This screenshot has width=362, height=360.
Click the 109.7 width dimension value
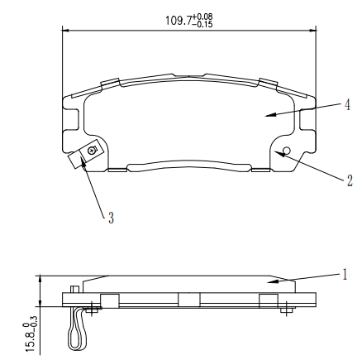179,21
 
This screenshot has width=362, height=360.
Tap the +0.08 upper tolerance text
202,17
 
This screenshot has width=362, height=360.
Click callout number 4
347,105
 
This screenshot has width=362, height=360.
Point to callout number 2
350,180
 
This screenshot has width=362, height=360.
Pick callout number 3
111,218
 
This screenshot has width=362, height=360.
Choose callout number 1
345,275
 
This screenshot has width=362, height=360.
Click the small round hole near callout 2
287,150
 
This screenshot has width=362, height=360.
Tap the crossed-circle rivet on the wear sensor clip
92,151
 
